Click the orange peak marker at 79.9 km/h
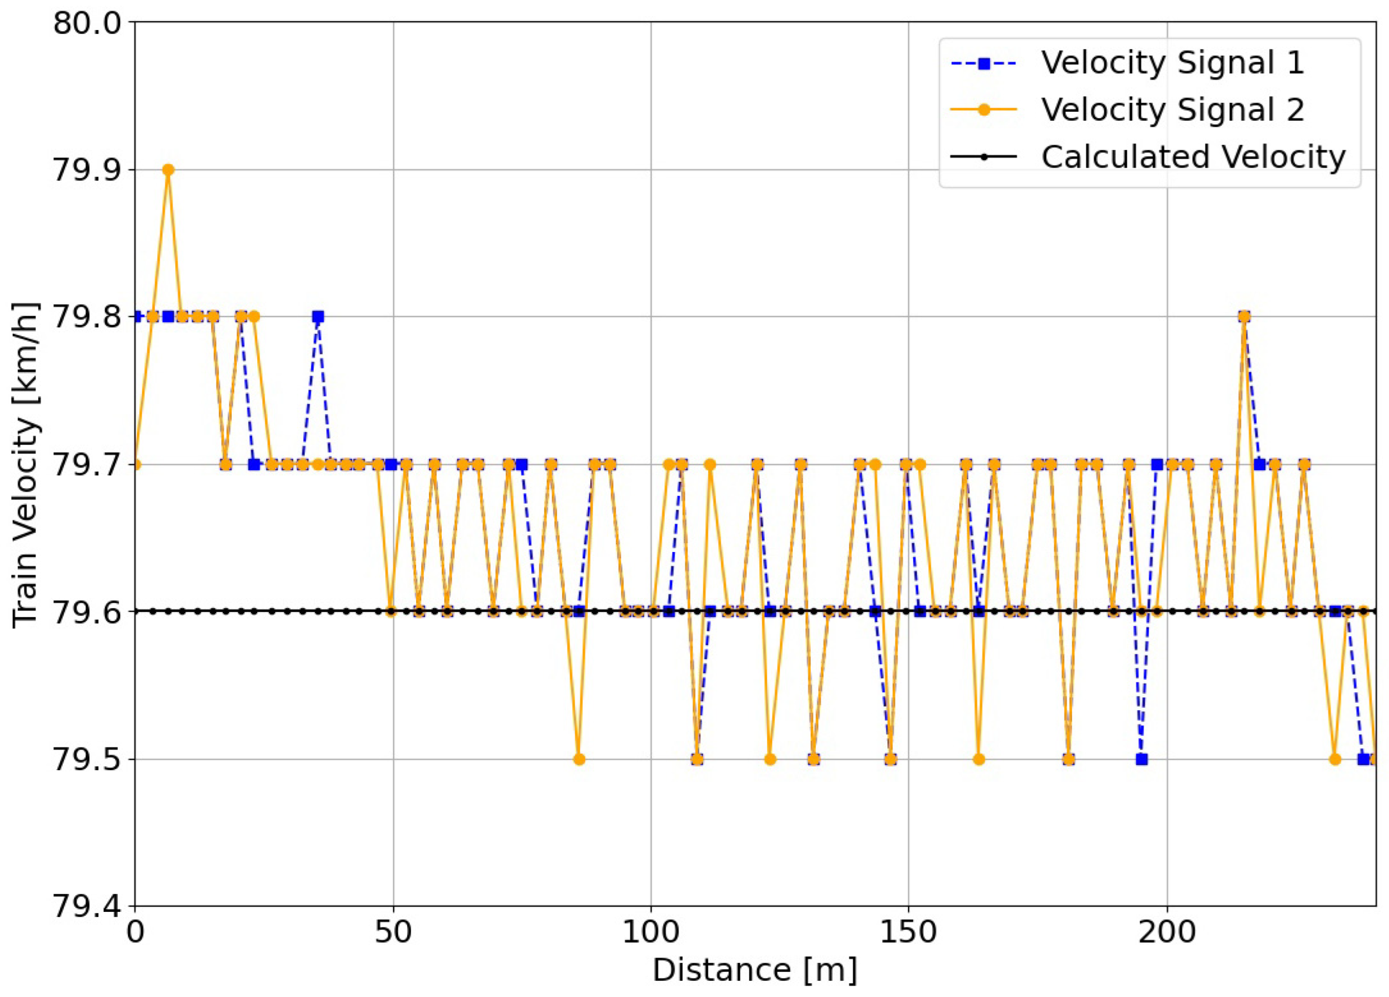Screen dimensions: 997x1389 (168, 170)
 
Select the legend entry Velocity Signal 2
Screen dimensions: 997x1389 (1172, 110)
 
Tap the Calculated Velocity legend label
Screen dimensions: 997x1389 (1193, 157)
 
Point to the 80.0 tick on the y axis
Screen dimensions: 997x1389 (86, 23)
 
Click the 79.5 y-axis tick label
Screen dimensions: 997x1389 (86, 759)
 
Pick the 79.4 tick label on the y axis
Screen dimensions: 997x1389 (86, 906)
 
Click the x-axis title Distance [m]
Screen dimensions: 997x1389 (755, 970)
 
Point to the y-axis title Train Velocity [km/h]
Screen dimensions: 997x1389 (26, 464)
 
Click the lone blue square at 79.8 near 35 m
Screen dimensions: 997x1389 (318, 317)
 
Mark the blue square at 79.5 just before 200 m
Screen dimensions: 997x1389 (1142, 759)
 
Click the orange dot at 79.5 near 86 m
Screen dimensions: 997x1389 (579, 759)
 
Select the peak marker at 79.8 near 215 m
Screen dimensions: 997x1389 (1244, 317)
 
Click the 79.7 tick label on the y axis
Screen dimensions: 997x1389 (86, 464)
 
